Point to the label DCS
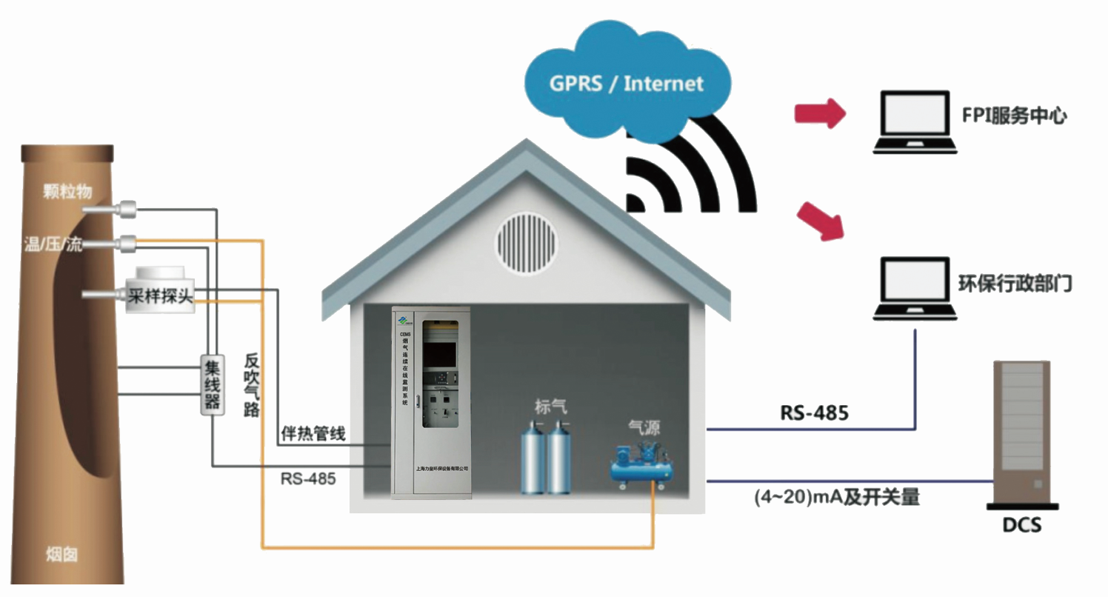coord(1022,526)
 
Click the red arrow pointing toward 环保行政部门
coord(822,222)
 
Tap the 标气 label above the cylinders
coord(552,406)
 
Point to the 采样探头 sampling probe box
coord(160,297)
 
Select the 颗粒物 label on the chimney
coord(67,191)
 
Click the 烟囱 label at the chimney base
coord(61,554)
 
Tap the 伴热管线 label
coord(313,434)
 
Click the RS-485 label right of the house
coord(814,413)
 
